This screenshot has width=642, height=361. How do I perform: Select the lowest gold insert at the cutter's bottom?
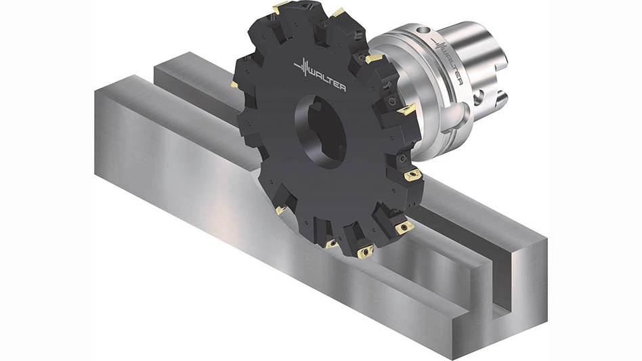click(x=365, y=252)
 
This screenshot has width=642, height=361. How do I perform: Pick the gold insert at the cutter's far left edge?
click(x=234, y=85)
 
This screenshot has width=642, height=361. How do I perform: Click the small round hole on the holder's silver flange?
click(x=423, y=31)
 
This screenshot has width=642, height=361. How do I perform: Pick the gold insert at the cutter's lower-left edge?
click(x=280, y=211)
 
